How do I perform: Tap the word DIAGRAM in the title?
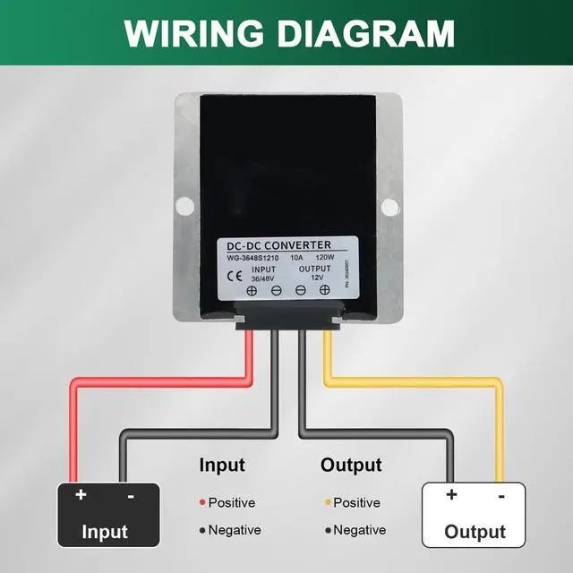pos(369,33)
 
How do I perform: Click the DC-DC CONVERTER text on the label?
pos(279,245)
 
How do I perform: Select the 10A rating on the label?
pos(297,258)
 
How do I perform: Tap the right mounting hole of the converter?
pos(390,208)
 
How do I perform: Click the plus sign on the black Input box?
pos(81,494)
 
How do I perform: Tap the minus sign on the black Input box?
pos(131,494)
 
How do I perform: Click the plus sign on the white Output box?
pos(451,494)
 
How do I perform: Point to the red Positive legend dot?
pos(202,503)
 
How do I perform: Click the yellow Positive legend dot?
pos(328,503)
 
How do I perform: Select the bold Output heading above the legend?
pos(351,466)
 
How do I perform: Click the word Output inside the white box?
pos(475,532)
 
